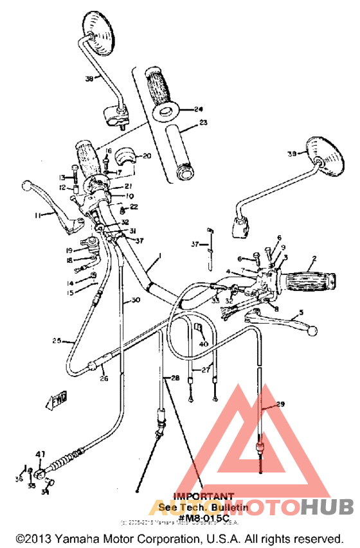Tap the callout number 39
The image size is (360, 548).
point(292,154)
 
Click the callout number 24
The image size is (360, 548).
point(197,109)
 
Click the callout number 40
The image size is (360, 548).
point(204,344)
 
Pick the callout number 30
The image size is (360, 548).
point(135,300)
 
